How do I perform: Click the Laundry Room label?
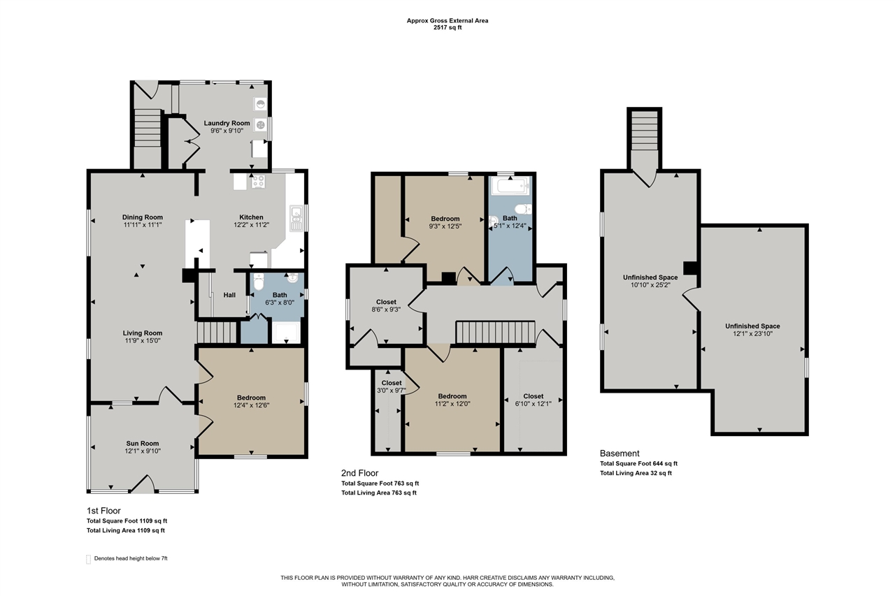(227, 123)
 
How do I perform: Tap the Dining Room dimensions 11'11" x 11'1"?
(143, 225)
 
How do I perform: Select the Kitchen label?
(251, 217)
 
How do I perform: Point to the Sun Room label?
(142, 443)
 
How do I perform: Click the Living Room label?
(143, 333)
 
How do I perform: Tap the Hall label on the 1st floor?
(229, 295)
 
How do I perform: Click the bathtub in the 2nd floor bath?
(510, 187)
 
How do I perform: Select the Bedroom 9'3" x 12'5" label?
(445, 219)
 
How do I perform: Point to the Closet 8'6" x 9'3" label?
(386, 302)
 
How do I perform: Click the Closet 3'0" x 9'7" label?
(392, 383)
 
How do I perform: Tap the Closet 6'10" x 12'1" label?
(533, 396)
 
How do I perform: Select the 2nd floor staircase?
(495, 332)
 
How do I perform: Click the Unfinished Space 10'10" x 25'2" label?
(650, 277)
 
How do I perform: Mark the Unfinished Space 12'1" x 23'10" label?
(752, 326)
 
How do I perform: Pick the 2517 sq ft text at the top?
(447, 28)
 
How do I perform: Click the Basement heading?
(620, 453)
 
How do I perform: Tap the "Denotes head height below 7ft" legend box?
(88, 559)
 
